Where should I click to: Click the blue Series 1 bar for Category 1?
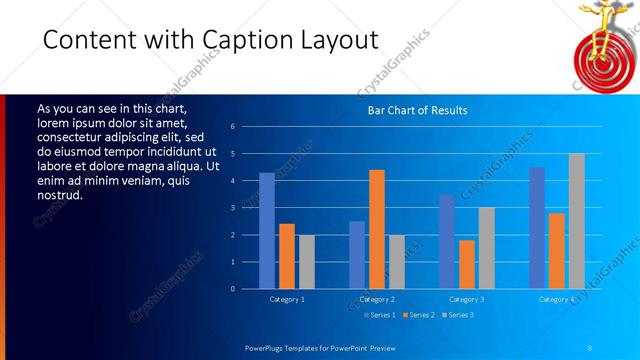point(267,231)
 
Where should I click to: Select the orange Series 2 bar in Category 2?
point(377,229)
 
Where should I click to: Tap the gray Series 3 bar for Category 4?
point(577,221)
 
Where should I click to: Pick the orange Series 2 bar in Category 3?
point(467,264)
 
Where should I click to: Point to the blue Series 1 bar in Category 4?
point(537,228)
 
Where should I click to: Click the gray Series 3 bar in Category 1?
point(307,262)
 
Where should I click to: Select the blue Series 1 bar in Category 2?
point(357,255)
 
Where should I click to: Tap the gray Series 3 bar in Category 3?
point(487,248)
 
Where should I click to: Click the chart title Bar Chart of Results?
point(412,110)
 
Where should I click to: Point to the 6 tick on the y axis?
point(232,127)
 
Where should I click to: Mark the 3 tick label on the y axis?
point(232,208)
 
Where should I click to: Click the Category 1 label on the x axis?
point(287,299)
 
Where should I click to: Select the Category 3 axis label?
point(467,299)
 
